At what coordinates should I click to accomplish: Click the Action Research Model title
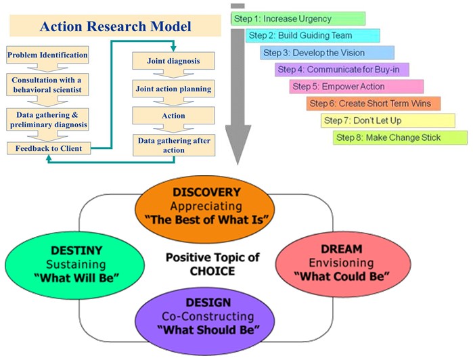coord(115,27)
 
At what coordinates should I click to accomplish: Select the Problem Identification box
coord(47,54)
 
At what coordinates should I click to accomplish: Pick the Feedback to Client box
coord(47,147)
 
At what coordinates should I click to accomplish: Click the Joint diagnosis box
coord(173,62)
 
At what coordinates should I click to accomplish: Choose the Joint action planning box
coord(173,89)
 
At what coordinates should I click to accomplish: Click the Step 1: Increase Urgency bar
coord(298,19)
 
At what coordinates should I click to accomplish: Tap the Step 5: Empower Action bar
coord(357,87)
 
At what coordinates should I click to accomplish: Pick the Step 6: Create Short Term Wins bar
coord(373,104)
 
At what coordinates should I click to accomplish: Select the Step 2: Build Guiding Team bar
coord(312,35)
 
